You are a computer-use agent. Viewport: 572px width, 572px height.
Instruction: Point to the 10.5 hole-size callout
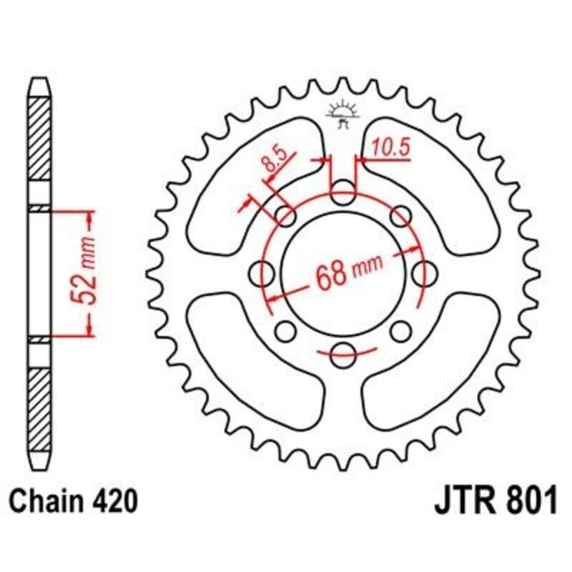coord(389,148)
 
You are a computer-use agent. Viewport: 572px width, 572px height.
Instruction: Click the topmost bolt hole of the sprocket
coord(342,189)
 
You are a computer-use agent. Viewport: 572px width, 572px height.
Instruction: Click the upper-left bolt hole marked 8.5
coord(285,215)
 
